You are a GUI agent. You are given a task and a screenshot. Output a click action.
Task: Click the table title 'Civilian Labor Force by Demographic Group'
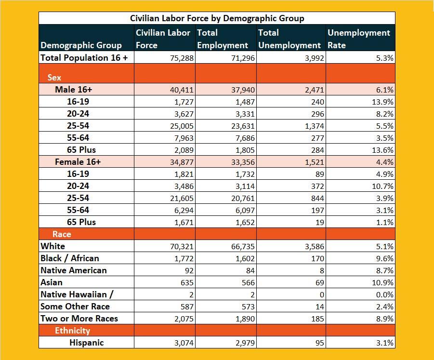click(217, 18)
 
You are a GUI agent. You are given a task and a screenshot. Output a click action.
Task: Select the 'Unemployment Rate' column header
click(359, 39)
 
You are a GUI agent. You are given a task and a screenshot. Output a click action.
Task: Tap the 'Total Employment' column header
click(222, 39)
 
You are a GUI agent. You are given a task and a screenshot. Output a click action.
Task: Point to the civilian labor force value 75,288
click(182, 58)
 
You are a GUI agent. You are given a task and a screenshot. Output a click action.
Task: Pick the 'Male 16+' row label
click(73, 90)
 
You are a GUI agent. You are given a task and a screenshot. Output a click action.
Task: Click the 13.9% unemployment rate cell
click(383, 102)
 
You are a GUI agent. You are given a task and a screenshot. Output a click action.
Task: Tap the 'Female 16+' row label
click(78, 162)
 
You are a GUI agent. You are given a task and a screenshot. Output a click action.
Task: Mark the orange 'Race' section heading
click(62, 234)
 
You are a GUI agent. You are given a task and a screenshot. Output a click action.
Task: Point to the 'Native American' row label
click(74, 270)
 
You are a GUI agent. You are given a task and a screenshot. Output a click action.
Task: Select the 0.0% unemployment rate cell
click(384, 294)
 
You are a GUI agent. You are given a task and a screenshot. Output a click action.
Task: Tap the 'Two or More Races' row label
click(79, 319)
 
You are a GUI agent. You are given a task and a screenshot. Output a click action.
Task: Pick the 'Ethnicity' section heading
click(72, 331)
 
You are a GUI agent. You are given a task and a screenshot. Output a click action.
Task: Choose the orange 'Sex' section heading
click(54, 78)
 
